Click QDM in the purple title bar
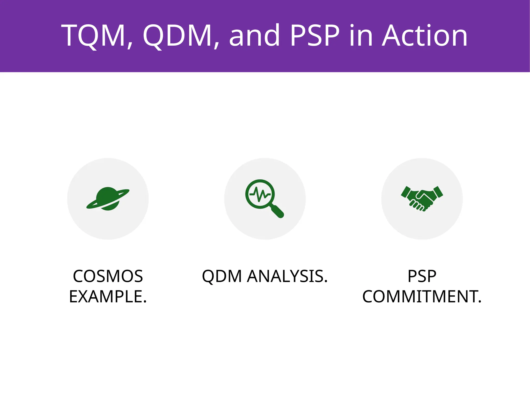coord(177,35)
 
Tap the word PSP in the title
coord(315,35)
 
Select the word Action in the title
coord(425,35)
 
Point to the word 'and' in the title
coord(254,35)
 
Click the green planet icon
coord(108,199)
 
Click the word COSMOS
coord(108,276)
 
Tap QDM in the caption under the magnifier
coord(222,276)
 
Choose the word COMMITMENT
coord(420,297)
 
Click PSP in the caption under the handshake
coord(422,276)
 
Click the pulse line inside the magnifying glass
coord(260,194)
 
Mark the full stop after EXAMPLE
coord(145,302)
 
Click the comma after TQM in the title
coord(130,46)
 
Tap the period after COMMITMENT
coord(480,302)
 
